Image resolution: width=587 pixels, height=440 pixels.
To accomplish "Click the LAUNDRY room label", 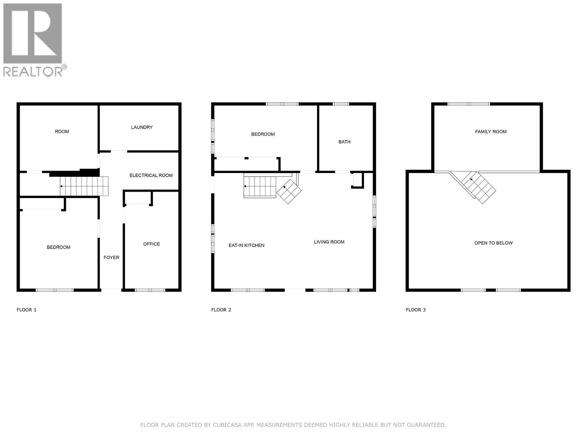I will pyautogui.click(x=142, y=127).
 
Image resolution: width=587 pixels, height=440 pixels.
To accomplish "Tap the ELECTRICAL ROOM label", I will pyautogui.click(x=151, y=175).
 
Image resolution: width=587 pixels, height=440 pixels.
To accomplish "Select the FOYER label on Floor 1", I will pyautogui.click(x=111, y=257).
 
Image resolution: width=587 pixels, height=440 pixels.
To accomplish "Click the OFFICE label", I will pyautogui.click(x=151, y=244).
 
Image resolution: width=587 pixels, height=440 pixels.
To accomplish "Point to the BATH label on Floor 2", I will pyautogui.click(x=344, y=142).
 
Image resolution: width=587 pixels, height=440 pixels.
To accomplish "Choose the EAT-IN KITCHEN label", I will pyautogui.click(x=246, y=245).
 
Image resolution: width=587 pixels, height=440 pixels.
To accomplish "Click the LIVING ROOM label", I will pyautogui.click(x=329, y=242).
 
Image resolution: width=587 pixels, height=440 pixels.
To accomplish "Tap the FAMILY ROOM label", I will pyautogui.click(x=491, y=131).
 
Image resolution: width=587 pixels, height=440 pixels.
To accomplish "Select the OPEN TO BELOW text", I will pyautogui.click(x=493, y=243).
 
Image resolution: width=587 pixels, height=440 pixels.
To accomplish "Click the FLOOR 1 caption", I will pyautogui.click(x=26, y=309).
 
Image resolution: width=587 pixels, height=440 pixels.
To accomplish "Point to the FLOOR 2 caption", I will pyautogui.click(x=221, y=309).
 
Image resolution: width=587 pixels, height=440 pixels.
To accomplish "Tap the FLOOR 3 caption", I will pyautogui.click(x=415, y=309).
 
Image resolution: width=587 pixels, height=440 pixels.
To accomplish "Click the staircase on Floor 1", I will pyautogui.click(x=84, y=186).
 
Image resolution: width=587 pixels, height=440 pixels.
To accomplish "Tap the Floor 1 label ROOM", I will pyautogui.click(x=62, y=131).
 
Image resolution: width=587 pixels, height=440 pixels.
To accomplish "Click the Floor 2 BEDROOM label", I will pyautogui.click(x=263, y=134).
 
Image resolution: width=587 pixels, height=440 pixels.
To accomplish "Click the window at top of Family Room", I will pyautogui.click(x=468, y=104).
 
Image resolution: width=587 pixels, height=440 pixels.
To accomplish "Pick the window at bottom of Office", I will pyautogui.click(x=150, y=290).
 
